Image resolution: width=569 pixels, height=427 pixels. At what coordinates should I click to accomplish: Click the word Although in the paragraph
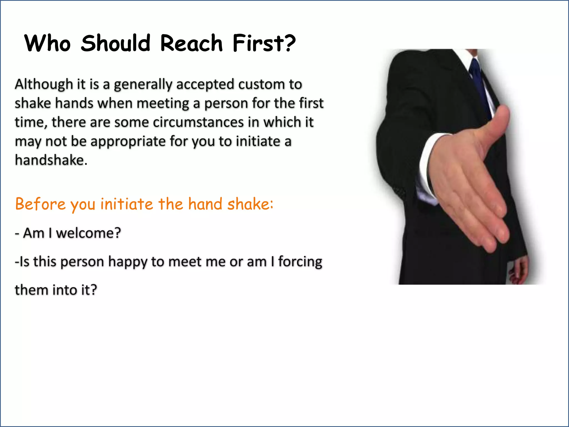pos(44,84)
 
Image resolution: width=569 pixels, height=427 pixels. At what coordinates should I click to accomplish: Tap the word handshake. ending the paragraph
pos(51,160)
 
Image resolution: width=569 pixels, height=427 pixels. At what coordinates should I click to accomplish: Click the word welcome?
pos(88,233)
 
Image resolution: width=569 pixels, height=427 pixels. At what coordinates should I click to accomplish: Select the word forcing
pos(300,262)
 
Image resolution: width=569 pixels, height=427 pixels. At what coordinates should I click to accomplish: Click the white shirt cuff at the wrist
pos(429,164)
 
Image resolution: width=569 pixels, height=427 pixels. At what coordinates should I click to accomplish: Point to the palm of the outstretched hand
pos(467,178)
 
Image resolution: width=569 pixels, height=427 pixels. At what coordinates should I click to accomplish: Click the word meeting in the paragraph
pos(163,103)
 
